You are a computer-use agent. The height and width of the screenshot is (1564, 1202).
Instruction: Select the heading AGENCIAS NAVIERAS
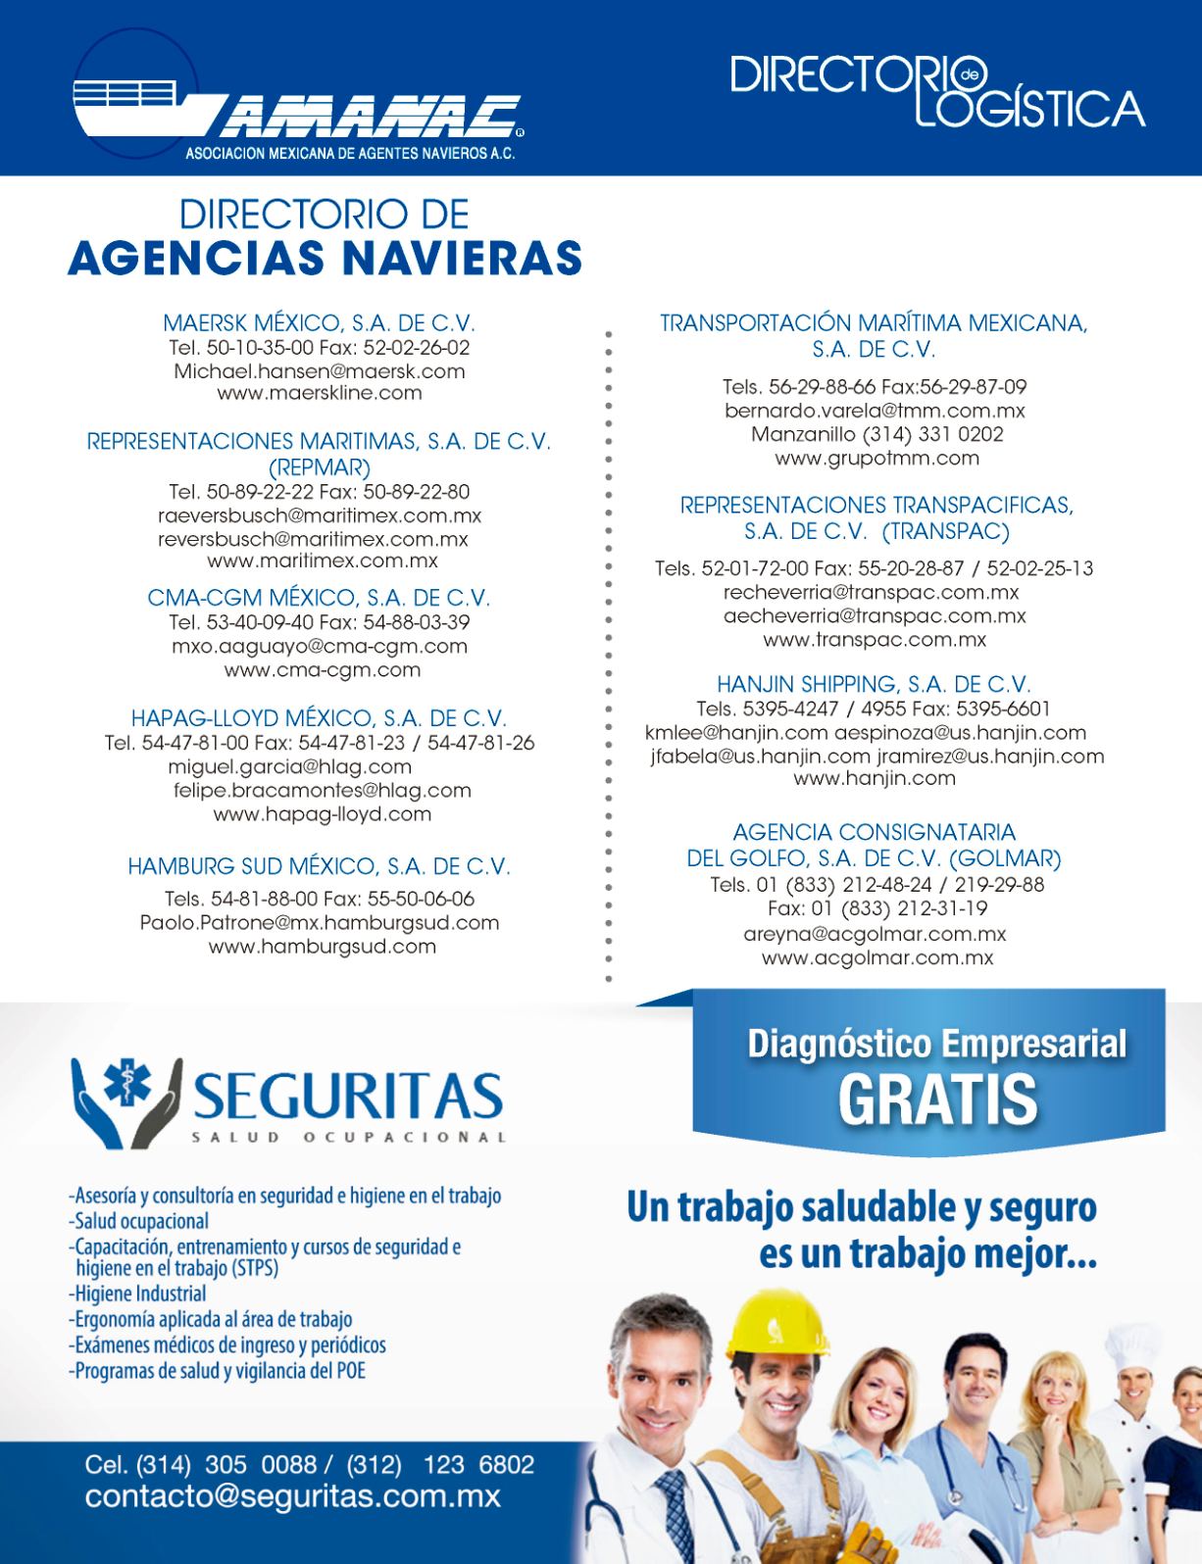[x=325, y=259]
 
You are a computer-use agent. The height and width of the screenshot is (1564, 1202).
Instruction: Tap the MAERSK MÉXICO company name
[x=319, y=322]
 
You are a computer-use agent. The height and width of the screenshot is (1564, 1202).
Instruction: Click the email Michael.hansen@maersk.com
[x=319, y=371]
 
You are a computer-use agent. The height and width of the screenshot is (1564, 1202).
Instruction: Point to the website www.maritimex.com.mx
[x=323, y=562]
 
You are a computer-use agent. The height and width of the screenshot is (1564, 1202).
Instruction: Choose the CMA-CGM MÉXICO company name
[x=319, y=598]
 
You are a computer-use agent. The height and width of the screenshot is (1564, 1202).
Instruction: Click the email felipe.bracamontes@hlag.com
[x=323, y=790]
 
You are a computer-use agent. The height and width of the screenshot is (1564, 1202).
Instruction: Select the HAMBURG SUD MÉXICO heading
[x=319, y=866]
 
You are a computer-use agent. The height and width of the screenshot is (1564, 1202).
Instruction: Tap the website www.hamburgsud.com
[x=323, y=947]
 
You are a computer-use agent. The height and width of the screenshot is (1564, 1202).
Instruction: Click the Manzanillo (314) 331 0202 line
[x=876, y=434]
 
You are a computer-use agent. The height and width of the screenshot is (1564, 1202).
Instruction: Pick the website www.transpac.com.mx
[x=875, y=640]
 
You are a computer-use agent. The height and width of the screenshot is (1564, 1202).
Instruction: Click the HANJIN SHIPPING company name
[x=874, y=684]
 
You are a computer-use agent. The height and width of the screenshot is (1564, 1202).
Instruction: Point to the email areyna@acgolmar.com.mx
[x=875, y=935]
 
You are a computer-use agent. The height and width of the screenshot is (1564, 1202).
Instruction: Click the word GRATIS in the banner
[x=937, y=1100]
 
